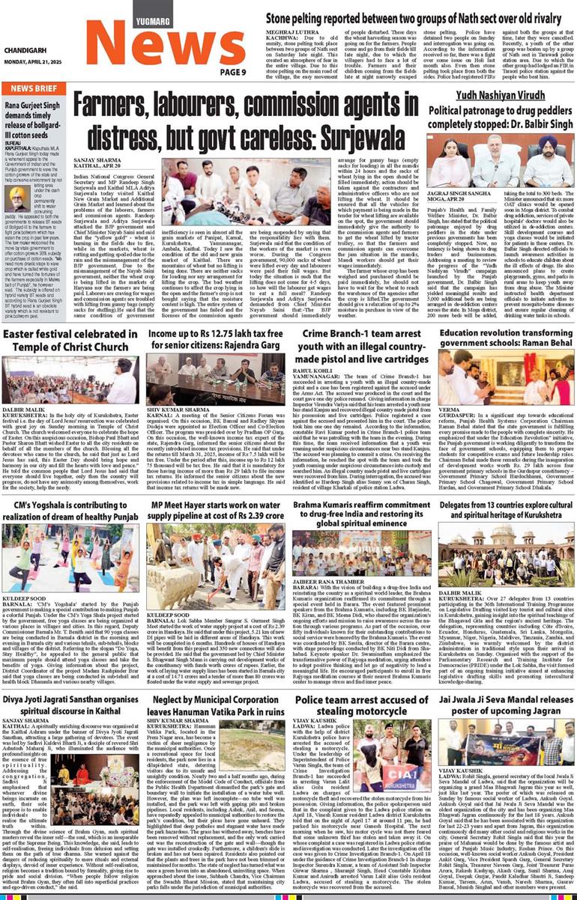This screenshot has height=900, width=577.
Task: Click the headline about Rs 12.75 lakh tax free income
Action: (x=215, y=339)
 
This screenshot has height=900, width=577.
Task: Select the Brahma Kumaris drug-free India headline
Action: (x=360, y=513)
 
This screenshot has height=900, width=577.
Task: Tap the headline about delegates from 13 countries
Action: (x=506, y=513)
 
